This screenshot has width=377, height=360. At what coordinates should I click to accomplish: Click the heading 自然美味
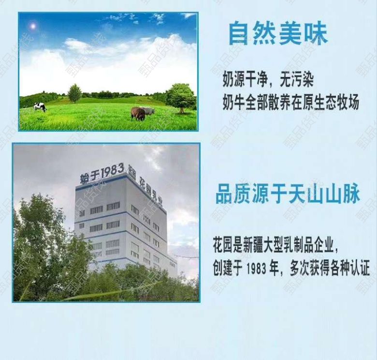[x=278, y=34]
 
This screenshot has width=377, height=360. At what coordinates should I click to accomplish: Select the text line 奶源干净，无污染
[x=268, y=79]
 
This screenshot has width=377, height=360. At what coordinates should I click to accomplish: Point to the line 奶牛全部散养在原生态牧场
[x=291, y=103]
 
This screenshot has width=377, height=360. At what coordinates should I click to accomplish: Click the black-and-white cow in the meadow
[x=40, y=107]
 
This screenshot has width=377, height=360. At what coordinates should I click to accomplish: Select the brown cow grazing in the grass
[x=138, y=114]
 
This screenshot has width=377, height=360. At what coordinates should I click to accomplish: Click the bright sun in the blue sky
[x=33, y=26]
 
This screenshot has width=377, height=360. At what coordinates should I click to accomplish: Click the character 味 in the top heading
[x=316, y=34]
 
